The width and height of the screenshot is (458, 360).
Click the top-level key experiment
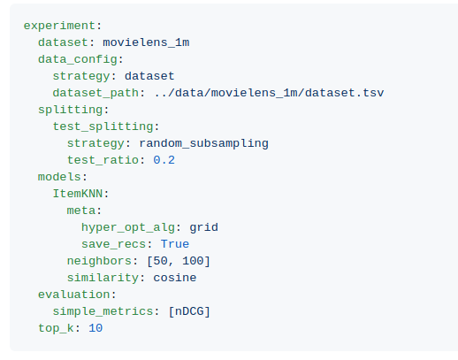59,26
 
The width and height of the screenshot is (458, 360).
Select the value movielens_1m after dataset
146,42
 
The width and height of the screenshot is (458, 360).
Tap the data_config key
78,59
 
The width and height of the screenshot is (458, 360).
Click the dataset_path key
95,93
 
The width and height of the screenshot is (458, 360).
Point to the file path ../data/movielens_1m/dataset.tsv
269,93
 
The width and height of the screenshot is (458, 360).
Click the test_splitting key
103,126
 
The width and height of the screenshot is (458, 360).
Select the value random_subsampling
203,143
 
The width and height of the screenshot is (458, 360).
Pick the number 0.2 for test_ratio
164,160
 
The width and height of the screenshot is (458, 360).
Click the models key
59,177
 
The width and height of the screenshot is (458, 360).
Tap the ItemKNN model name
78,194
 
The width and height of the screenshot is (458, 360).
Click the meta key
81,211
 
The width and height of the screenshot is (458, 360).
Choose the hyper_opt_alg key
128,227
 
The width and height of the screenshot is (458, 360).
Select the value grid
203,227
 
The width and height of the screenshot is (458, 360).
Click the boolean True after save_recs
175,244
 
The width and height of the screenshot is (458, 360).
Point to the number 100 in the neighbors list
193,261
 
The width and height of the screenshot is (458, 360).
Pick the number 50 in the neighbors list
160,261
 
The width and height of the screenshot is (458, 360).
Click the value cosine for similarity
175,278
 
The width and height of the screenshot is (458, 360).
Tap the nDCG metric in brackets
189,311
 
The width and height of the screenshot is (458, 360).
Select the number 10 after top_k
95,328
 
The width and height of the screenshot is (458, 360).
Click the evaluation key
73,295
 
